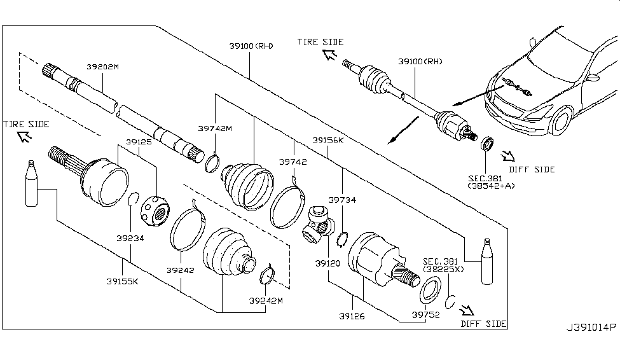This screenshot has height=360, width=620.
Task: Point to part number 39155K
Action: click(x=122, y=281)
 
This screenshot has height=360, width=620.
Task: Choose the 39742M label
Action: click(x=215, y=128)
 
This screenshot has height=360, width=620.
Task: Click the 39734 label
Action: click(x=342, y=199)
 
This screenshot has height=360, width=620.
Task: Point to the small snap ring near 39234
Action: click(x=134, y=198)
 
